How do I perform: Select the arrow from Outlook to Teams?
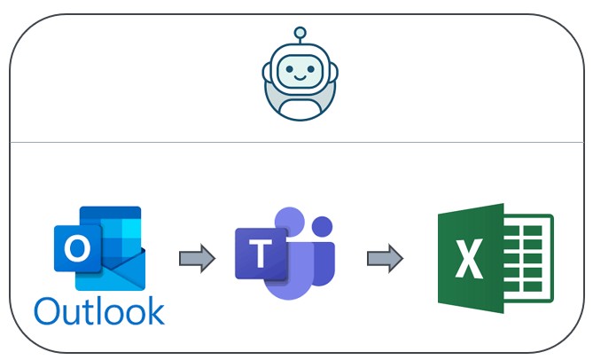coord(196,258)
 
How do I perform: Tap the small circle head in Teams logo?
coord(324,224)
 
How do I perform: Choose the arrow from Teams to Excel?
coord(385,258)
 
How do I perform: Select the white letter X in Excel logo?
coord(468,258)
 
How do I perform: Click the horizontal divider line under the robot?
coord(300,142)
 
